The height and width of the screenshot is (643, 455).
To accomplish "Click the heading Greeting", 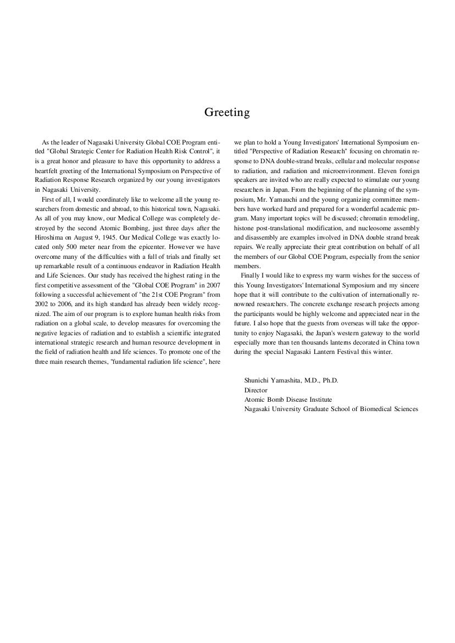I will coord(227,113).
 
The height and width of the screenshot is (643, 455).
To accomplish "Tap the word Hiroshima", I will coord(48,237).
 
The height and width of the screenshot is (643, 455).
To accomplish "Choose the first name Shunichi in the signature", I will coord(258,380).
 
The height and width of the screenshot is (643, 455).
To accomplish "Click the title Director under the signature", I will coord(256,390).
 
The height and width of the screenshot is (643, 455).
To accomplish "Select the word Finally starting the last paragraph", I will coord(251,275).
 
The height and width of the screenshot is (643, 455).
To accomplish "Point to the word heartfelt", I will coord(48,171).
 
